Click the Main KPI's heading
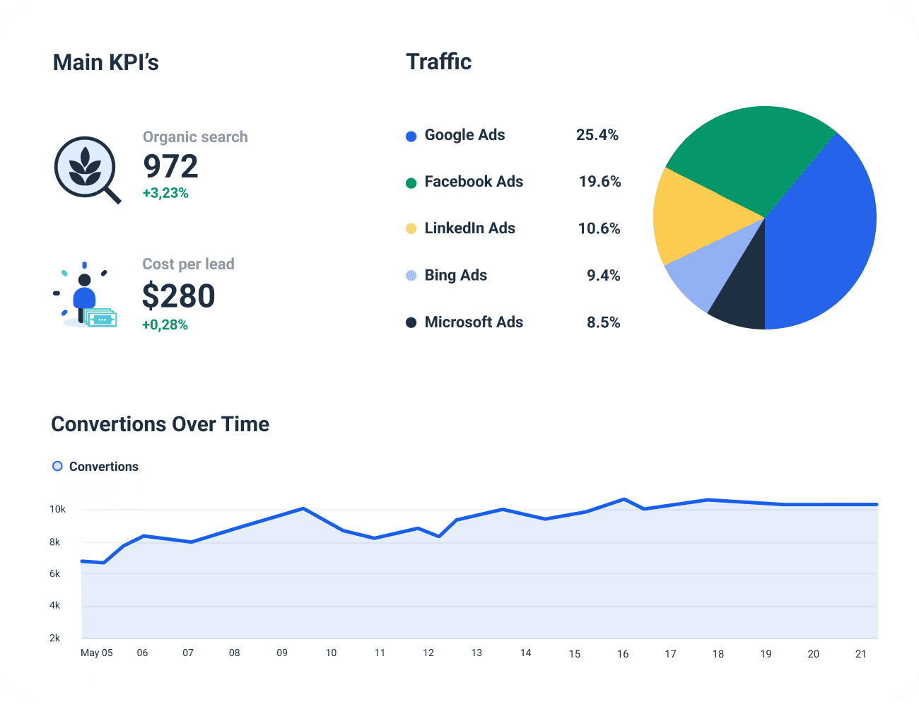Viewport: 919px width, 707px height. coord(106,62)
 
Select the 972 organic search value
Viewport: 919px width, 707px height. coord(170,167)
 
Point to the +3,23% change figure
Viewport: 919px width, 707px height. coord(165,193)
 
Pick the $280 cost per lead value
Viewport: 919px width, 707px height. coord(178,296)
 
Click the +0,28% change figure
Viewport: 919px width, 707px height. coord(165,325)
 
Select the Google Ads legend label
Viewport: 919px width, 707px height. coord(464,135)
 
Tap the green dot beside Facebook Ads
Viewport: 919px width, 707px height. coord(411,183)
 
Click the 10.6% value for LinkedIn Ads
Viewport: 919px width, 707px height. coord(599,228)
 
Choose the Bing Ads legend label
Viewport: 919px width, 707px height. coord(455,275)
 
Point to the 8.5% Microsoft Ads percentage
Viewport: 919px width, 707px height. coord(603,322)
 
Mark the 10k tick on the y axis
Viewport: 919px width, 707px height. coord(57,509)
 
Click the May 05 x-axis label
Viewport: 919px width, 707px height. coord(97,653)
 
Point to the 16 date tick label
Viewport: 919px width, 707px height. coord(622,654)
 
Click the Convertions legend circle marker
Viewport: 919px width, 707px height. coord(57,466)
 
